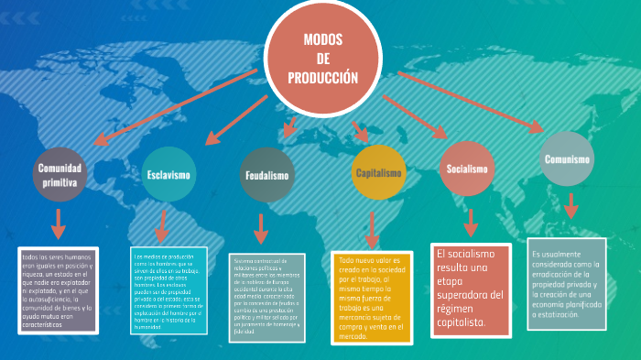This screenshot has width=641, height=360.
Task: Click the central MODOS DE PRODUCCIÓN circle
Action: (x=322, y=58)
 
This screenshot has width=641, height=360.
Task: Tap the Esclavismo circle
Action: (x=168, y=174)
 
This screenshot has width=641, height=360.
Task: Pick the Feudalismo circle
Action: (x=267, y=175)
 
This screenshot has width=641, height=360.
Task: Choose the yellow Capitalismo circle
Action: (x=378, y=173)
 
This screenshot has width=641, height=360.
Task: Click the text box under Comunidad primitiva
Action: (x=57, y=289)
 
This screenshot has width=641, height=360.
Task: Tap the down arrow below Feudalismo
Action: (x=261, y=229)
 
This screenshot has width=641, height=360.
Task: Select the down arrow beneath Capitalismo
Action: (x=372, y=229)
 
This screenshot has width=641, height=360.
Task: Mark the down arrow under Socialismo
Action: (x=471, y=223)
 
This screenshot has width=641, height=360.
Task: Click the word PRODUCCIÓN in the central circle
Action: (x=322, y=78)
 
